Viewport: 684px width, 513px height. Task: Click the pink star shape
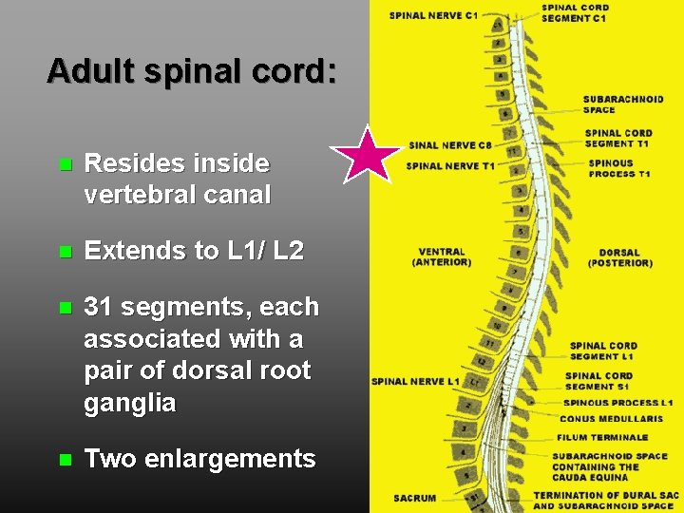[x=365, y=155]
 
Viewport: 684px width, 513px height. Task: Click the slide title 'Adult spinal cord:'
[x=191, y=71]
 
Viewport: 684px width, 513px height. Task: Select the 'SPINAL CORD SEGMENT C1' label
[x=576, y=13]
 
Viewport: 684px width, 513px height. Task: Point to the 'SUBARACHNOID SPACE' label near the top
[x=623, y=104]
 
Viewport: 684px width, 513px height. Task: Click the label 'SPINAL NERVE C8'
[x=450, y=145]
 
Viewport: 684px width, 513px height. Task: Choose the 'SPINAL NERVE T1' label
[x=450, y=166]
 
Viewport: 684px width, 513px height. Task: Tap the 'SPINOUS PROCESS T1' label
[x=619, y=168]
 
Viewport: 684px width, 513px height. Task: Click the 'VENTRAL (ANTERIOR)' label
[x=442, y=257]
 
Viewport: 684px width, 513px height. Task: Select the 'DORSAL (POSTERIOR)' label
[x=619, y=257]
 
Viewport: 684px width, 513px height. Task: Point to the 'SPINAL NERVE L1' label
[x=415, y=382]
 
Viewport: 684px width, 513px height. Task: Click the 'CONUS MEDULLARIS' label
[x=611, y=419]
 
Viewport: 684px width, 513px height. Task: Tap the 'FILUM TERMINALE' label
[x=602, y=437]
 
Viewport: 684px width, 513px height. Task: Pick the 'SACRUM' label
[x=415, y=498]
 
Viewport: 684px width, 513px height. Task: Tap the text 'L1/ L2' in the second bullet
[x=265, y=251]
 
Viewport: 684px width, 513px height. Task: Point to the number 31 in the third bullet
[x=98, y=307]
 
